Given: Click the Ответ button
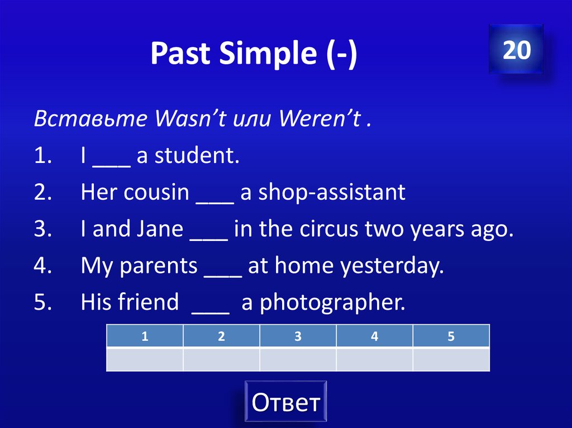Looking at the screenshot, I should (x=285, y=402).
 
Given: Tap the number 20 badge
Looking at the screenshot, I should (x=516, y=50).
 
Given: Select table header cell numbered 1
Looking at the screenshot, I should (x=145, y=336).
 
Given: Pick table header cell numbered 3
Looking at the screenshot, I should (x=298, y=336).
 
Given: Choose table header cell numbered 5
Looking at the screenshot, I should (x=451, y=336).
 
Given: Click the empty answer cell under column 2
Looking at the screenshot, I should (x=221, y=359).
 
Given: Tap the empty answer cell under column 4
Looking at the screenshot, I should (x=374, y=359).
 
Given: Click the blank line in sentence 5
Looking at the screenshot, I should (x=210, y=306).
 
